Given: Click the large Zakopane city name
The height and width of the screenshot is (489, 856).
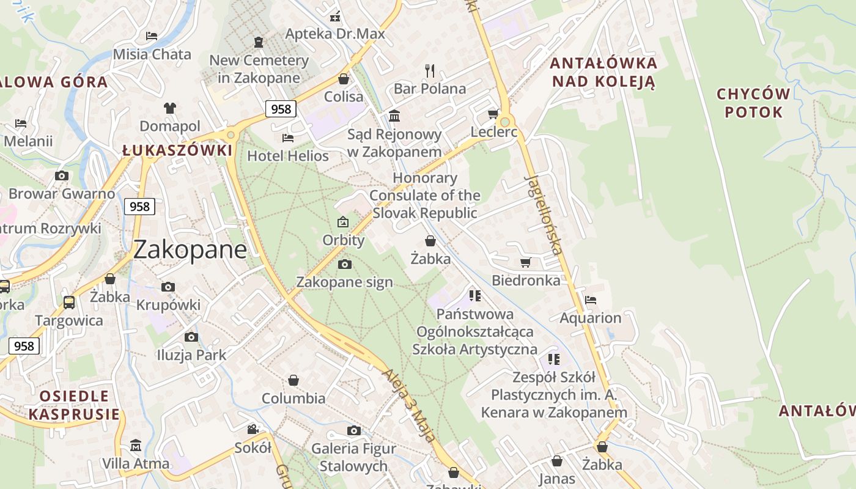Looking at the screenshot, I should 190,249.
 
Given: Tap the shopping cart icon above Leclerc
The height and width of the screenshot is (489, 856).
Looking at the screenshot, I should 493,114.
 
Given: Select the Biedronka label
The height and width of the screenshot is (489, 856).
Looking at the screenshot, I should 526,281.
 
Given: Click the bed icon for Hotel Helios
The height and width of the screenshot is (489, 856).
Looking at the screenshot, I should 288,138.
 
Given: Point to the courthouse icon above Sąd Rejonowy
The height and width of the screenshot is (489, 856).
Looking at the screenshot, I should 394,116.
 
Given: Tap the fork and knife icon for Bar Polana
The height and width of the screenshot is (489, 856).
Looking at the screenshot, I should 430,70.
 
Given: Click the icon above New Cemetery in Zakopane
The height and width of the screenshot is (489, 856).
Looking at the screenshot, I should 259,42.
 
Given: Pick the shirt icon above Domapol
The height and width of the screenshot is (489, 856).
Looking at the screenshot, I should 169,108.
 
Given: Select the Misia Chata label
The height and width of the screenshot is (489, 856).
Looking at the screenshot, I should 152,54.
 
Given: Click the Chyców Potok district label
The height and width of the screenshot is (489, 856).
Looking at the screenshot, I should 753,103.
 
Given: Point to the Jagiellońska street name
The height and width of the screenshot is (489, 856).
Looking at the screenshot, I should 544,215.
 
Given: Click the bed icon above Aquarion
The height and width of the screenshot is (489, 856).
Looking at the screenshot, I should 591,300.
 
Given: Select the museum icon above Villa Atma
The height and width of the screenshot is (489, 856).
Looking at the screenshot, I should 136,444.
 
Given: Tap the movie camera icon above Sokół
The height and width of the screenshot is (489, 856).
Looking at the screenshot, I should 253,429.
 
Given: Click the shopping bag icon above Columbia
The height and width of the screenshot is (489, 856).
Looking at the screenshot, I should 293,380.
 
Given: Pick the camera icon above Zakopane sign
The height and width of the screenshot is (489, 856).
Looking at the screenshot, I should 345,264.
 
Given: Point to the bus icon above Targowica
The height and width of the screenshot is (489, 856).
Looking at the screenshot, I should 69,302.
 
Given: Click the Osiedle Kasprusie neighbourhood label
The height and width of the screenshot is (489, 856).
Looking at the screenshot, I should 74,405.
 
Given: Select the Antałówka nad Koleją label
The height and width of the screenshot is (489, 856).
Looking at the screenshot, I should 603,72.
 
